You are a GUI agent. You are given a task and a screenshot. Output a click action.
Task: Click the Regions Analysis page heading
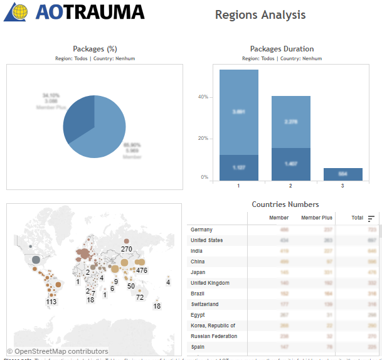[x=260, y=14]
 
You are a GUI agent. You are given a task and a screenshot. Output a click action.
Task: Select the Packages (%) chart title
[x=95, y=49]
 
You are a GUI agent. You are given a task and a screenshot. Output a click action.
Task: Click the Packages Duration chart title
[x=282, y=49]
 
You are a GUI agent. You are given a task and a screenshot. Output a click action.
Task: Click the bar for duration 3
[x=343, y=174]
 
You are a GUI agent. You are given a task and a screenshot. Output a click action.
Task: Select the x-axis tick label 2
[x=291, y=186]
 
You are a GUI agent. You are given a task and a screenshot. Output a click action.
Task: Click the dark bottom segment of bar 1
[x=239, y=167]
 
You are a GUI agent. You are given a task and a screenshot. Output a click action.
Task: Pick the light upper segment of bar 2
[x=291, y=122]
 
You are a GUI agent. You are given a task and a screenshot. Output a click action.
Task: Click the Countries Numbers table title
[x=285, y=204]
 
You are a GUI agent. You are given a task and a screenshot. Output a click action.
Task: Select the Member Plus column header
[x=317, y=218]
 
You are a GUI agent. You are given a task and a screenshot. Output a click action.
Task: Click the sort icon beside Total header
[x=371, y=218]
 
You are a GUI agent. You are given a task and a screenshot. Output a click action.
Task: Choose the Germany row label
[x=201, y=230]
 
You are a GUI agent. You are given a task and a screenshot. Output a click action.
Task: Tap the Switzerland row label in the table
[x=206, y=304]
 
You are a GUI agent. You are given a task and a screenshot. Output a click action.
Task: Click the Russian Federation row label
[x=214, y=336]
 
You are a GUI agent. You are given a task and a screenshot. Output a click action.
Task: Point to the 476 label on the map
[x=142, y=270]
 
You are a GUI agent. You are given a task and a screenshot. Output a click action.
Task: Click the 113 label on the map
[x=51, y=302]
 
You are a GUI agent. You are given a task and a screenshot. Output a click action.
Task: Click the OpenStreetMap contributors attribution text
[x=57, y=351]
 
